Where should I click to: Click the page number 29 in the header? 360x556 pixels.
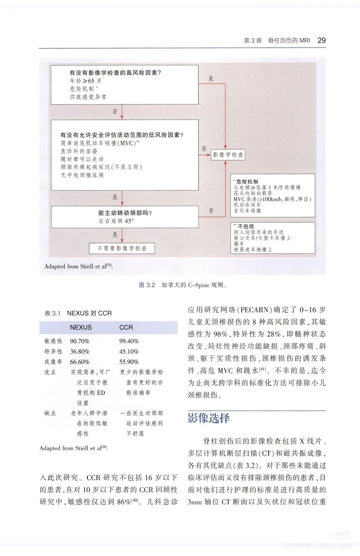pos(321,40)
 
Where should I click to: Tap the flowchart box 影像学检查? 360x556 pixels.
pos(228,155)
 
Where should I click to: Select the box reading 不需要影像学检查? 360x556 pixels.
pos(122,248)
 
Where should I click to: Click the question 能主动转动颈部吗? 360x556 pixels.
pos(125,213)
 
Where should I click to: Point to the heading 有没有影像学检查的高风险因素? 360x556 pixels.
pos(115,73)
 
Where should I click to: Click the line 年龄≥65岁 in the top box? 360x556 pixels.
pos(85,81)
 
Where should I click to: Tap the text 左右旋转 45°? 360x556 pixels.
pos(116,221)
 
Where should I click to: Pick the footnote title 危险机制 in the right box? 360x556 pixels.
pos(247,182)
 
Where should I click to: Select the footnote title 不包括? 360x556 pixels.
pos(246,226)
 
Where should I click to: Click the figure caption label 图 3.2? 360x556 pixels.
pos(147,285)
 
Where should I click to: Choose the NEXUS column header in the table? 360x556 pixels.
pos(81,327)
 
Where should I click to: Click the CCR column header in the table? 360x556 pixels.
pos(126,327)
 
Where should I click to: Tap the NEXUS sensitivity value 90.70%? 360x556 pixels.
pos(80,341)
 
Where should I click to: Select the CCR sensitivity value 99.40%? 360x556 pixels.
pos(129,341)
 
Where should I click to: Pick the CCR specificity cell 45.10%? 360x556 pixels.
pos(129,352)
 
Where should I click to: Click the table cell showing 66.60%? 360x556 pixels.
pos(80,362)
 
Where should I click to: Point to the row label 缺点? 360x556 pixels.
pos(50,413)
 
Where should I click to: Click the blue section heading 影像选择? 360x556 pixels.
pos(209,418)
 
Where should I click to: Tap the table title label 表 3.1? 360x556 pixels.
pos(52,313)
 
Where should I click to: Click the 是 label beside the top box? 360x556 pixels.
pos(211,79)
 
